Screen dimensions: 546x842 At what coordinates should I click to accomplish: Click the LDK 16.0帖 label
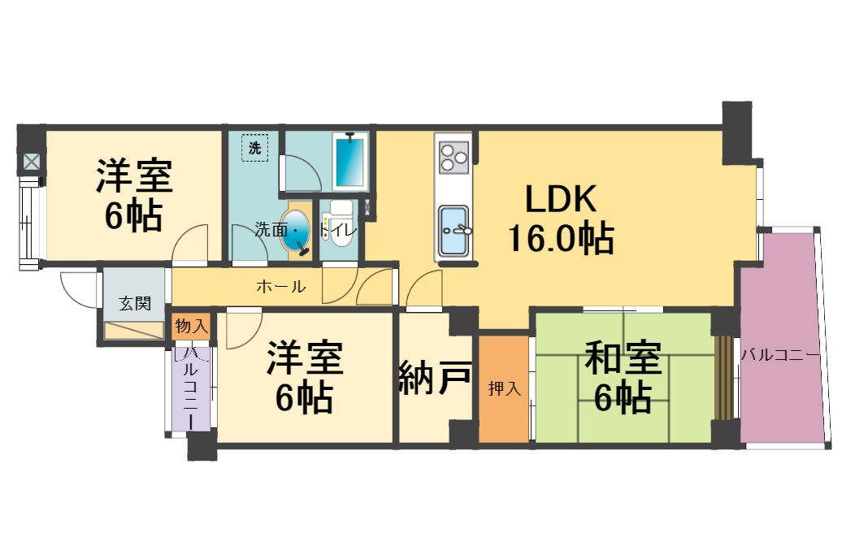[561, 218]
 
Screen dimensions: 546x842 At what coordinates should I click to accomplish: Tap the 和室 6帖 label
[622, 377]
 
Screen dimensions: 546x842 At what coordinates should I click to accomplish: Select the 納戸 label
[435, 378]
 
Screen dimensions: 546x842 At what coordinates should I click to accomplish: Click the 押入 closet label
[504, 389]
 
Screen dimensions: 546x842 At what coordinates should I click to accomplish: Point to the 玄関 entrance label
[135, 304]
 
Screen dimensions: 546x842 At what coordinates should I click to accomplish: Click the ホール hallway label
[281, 286]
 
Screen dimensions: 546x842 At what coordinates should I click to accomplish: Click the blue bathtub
[351, 162]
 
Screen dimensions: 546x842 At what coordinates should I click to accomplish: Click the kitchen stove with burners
[454, 155]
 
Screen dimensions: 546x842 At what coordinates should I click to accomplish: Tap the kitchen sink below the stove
[454, 229]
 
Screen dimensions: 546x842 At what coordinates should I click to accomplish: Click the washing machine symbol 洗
[255, 149]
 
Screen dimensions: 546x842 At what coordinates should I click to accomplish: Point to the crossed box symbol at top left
[31, 162]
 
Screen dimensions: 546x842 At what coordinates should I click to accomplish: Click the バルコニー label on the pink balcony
[779, 355]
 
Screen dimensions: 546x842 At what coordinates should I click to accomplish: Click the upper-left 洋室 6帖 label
[133, 195]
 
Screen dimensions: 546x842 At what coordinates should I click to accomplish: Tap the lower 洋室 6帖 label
[304, 377]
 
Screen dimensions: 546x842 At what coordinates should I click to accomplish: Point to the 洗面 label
[269, 230]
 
